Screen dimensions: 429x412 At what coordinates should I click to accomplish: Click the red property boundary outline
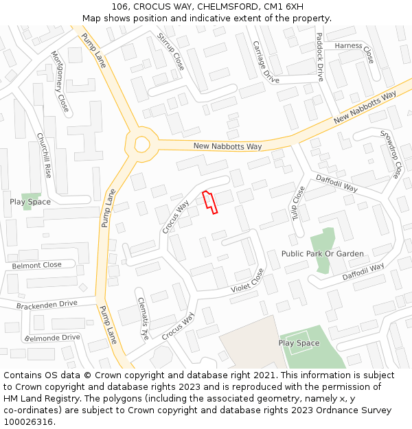209,202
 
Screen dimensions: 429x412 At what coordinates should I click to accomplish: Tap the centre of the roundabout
142,144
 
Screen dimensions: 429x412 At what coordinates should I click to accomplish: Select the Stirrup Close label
170,51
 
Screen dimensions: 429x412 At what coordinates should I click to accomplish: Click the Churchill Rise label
45,155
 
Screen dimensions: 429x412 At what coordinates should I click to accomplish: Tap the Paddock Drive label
320,56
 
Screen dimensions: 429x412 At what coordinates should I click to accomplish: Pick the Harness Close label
354,50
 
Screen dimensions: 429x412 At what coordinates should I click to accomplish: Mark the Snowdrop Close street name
389,154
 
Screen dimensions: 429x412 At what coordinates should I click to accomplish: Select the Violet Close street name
247,280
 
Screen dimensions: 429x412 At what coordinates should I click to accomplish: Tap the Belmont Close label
36,265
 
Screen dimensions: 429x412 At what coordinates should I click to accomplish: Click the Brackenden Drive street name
47,304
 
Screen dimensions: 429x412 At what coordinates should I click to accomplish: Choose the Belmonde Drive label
52,338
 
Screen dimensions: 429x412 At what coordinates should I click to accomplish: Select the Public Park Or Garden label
322,254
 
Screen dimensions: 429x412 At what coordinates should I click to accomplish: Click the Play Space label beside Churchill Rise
30,202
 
